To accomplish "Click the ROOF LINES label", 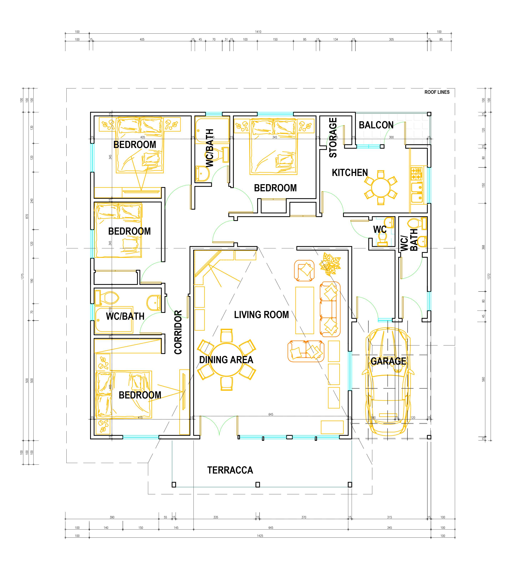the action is pos(437,92).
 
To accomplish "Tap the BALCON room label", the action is pos(376,125).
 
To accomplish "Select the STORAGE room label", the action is pos(333,138).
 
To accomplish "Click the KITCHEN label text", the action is pos(350,173).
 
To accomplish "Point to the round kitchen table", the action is pos(381,188).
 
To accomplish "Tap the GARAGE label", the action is pos(388,361).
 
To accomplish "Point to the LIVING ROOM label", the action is pos(261,314).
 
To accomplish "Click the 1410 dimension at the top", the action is pos(258,32).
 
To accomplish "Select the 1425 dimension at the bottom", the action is pos(260,536).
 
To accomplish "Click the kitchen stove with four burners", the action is pos(416,174).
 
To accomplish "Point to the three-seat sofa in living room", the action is pos(330,309).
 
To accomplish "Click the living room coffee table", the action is pos(305,310).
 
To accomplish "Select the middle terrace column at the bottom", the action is pos(258,484).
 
